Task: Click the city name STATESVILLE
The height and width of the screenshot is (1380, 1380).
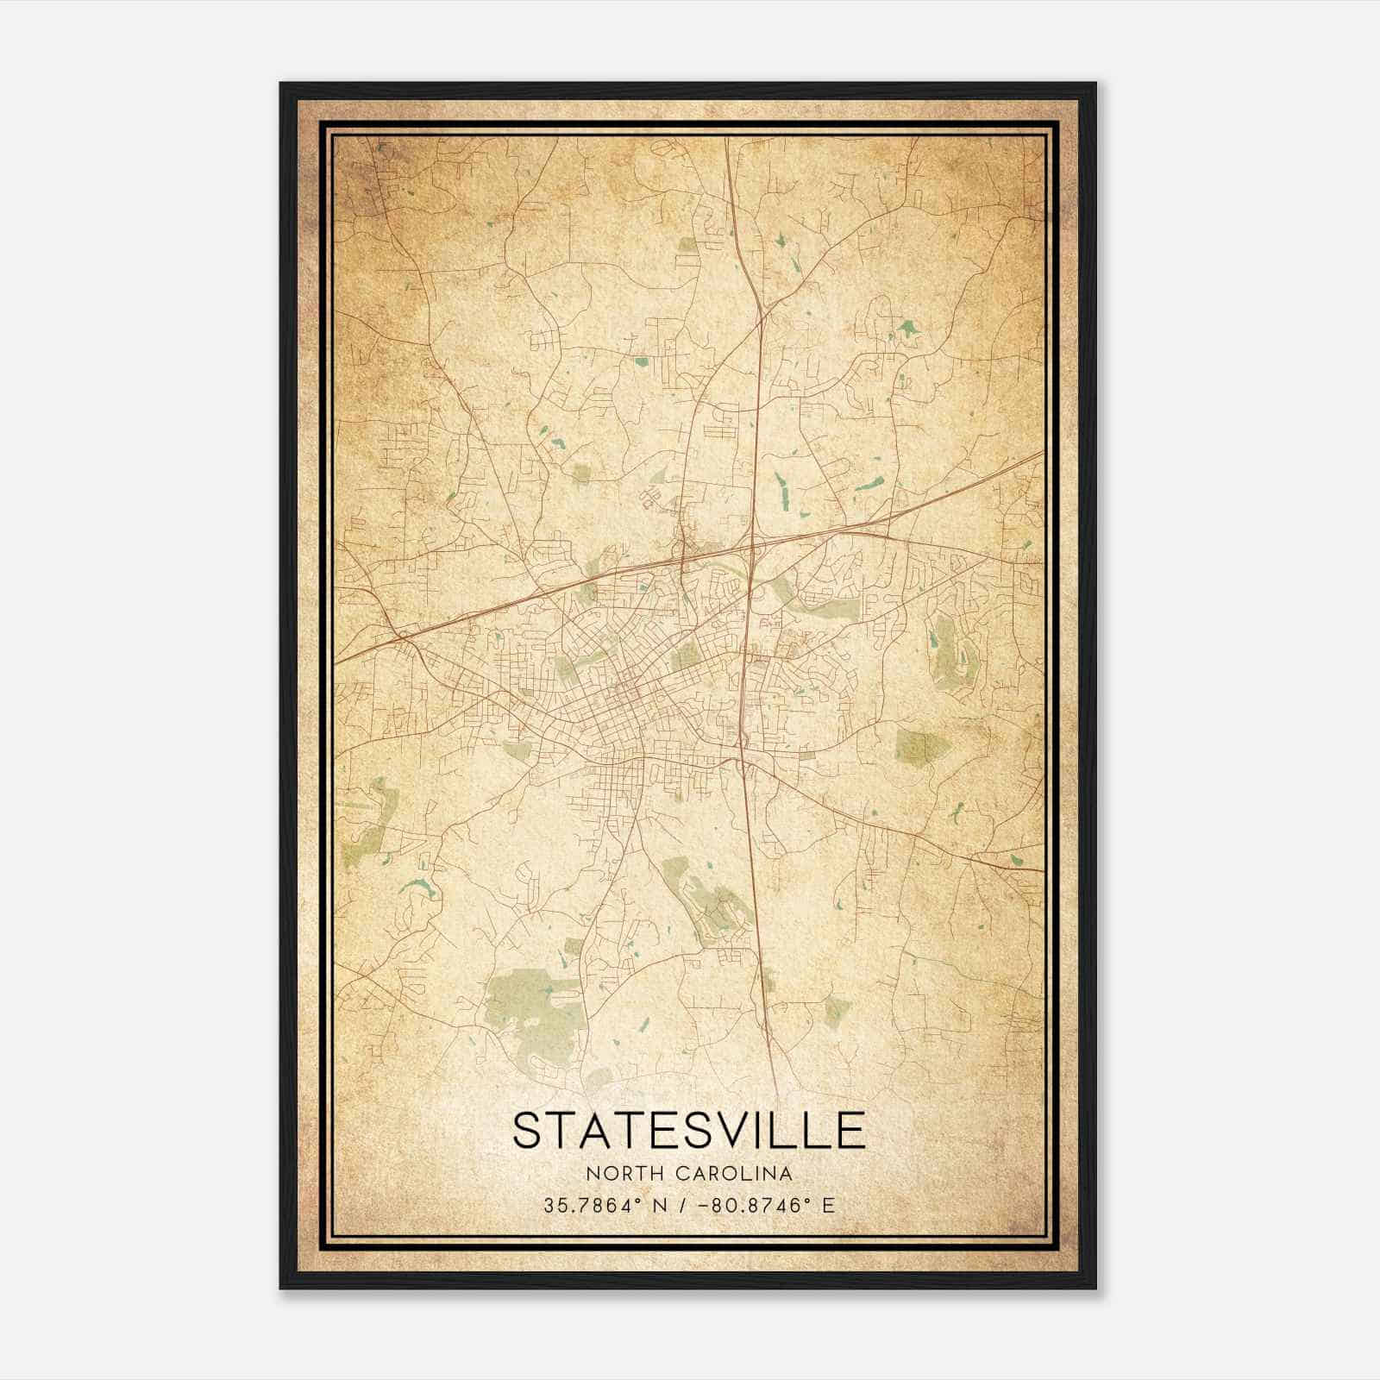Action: coord(689,1130)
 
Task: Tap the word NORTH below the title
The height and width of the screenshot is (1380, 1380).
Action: coord(613,1173)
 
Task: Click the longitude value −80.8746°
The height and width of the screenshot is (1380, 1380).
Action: coord(760,1205)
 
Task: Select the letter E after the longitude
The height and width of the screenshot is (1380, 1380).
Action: coord(829,1205)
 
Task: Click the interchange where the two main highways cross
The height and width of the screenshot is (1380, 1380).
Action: coord(752,546)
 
